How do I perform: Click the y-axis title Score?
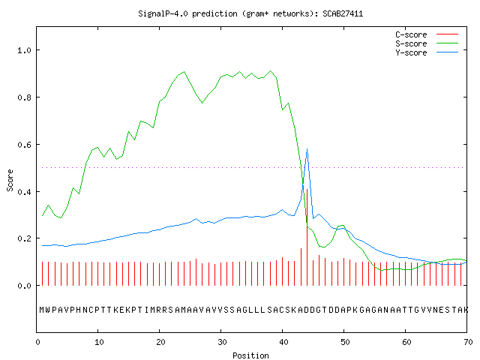click(10, 180)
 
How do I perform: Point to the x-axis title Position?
click(250, 355)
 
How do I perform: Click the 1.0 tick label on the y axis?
click(24, 50)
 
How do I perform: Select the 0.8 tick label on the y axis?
click(24, 97)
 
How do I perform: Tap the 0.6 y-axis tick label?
click(24, 145)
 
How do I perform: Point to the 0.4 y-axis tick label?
click(24, 192)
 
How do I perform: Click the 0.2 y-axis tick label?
click(24, 238)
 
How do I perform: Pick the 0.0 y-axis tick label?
click(24, 286)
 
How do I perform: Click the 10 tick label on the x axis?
click(99, 342)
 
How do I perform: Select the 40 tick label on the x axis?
click(283, 342)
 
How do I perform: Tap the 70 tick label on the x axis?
click(468, 342)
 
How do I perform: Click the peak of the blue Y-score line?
click(307, 149)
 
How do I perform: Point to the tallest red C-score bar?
click(307, 237)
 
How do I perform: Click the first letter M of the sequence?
click(42, 310)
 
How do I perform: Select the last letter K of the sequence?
click(466, 310)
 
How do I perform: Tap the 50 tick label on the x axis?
click(345, 342)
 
